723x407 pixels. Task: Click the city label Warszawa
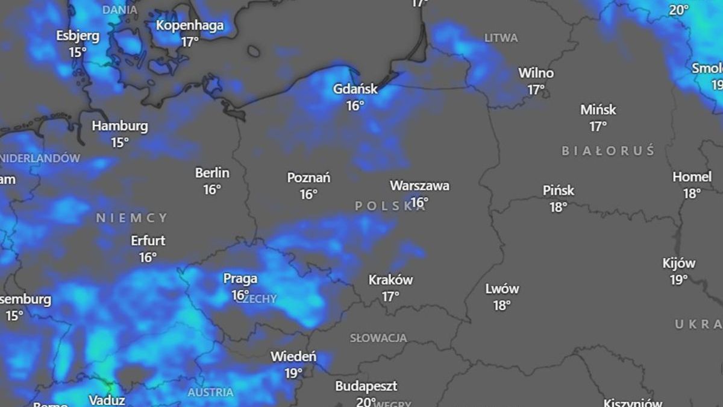coord(419,186)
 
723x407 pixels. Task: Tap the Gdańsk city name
coord(355,89)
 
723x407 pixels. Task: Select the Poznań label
coord(308,178)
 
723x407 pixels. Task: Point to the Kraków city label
coord(390,280)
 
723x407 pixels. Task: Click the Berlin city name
coord(212,173)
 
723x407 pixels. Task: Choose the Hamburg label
coord(120,127)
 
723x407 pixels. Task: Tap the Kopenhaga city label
coord(190,25)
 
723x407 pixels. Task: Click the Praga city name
coord(240,279)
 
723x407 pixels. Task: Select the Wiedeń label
coord(293,356)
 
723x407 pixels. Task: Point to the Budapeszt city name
coord(366,386)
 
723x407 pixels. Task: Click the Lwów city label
coord(502,289)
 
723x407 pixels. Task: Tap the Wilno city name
coord(536,73)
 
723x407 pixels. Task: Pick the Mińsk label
coord(598,110)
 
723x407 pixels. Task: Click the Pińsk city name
coord(559,191)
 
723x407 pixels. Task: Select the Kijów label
coord(679,263)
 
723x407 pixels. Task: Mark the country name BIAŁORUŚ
coord(608,151)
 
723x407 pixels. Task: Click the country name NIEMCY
coord(132,218)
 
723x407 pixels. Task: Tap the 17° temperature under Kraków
coord(390,297)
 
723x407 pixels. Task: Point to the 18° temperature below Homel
coord(692,194)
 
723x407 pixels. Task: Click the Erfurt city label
coord(148,241)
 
